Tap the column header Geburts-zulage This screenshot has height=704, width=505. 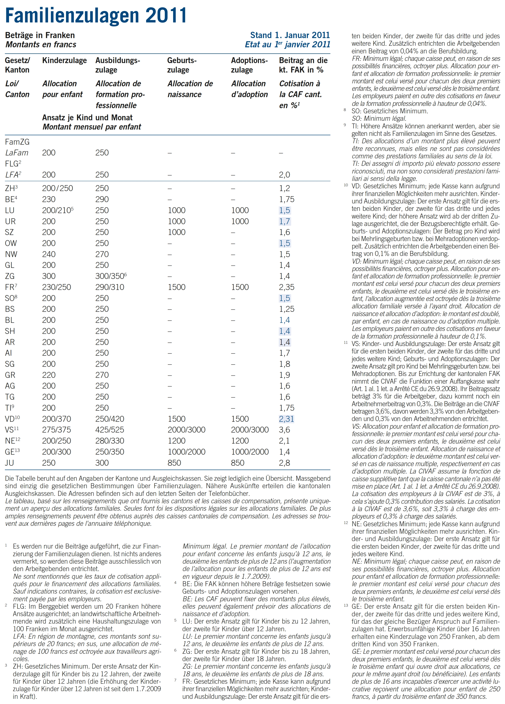[182, 65]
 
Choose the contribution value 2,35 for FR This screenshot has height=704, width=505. [286, 287]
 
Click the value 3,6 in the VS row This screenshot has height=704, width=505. [284, 430]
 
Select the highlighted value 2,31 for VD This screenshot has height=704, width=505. [286, 419]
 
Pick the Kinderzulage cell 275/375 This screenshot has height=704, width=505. [57, 430]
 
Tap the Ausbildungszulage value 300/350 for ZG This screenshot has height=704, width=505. [111, 276]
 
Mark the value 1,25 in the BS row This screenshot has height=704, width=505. [286, 309]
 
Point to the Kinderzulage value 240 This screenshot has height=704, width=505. [49, 254]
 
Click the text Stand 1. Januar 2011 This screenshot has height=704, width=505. [290, 35]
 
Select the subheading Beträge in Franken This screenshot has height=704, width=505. [40, 35]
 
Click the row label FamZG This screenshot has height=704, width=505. [17, 142]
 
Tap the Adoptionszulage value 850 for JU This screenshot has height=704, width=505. [237, 463]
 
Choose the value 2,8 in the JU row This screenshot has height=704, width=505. [284, 463]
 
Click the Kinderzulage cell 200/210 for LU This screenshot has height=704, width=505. [57, 210]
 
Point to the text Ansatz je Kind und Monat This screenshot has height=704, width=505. [87, 118]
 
